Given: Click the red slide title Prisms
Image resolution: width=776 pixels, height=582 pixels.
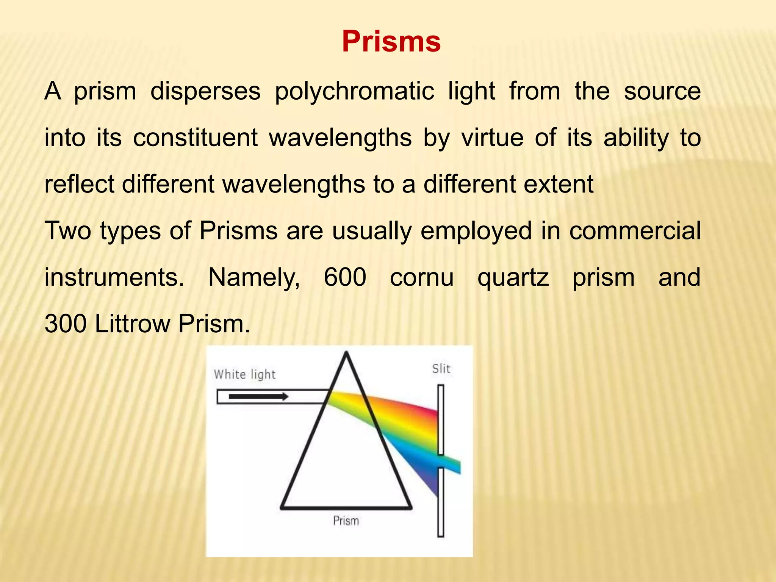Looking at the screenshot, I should pyautogui.click(x=391, y=41).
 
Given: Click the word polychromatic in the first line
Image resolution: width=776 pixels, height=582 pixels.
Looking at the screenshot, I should pyautogui.click(x=354, y=91).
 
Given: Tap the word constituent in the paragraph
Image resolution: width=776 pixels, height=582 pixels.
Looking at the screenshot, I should pyautogui.click(x=196, y=138).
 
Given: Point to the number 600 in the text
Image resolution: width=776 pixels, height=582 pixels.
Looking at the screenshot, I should pyautogui.click(x=345, y=277).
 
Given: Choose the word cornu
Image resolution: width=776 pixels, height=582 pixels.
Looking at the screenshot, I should pyautogui.click(x=422, y=277).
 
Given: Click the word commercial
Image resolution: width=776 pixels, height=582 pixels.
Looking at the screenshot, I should pyautogui.click(x=635, y=231).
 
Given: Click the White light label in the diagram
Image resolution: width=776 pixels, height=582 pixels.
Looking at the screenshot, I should pyautogui.click(x=244, y=374).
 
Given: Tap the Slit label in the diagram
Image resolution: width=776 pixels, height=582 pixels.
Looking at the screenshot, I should pyautogui.click(x=441, y=369).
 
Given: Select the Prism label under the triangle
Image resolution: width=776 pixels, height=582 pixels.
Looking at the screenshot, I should pyautogui.click(x=346, y=521).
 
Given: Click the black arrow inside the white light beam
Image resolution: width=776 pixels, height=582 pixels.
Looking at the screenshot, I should pyautogui.click(x=258, y=397).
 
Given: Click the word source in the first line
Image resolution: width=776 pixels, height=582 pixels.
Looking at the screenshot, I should pyautogui.click(x=662, y=91).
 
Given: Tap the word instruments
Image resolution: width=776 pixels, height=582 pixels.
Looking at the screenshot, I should pyautogui.click(x=114, y=277).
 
